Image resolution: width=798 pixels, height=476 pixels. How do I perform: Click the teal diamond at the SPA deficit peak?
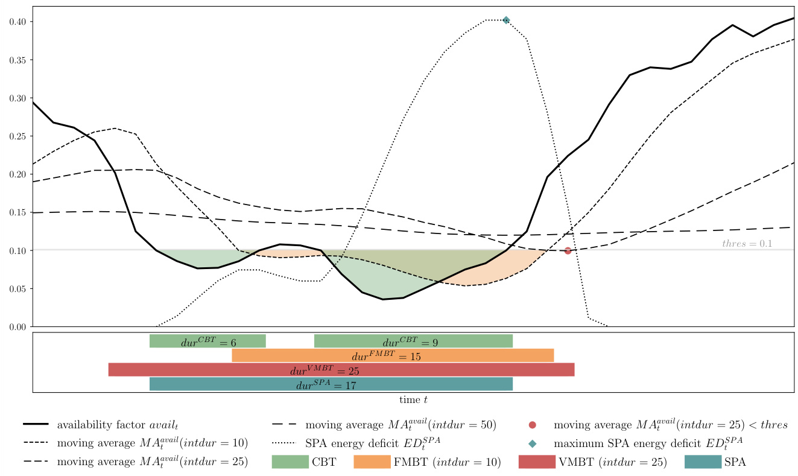click(506, 20)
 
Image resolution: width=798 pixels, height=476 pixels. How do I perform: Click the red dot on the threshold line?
click(568, 251)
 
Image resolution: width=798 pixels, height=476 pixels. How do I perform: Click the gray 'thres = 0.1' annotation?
click(747, 244)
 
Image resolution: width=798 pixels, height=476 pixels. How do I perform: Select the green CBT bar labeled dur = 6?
click(207, 341)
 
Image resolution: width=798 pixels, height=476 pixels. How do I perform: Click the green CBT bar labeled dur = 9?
click(413, 341)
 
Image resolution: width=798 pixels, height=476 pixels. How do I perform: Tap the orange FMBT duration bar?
click(393, 355)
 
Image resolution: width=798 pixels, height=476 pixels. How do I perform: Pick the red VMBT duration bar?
click(341, 370)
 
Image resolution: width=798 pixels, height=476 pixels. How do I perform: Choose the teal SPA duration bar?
click(331, 384)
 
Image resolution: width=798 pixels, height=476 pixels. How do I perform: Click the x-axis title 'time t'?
click(413, 400)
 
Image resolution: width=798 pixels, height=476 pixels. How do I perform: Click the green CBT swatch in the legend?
click(290, 462)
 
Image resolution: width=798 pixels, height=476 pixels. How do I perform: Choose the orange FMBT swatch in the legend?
click(372, 462)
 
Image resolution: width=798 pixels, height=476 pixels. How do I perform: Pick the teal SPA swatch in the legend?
click(703, 462)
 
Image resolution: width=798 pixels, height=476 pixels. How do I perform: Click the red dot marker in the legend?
click(532, 425)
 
